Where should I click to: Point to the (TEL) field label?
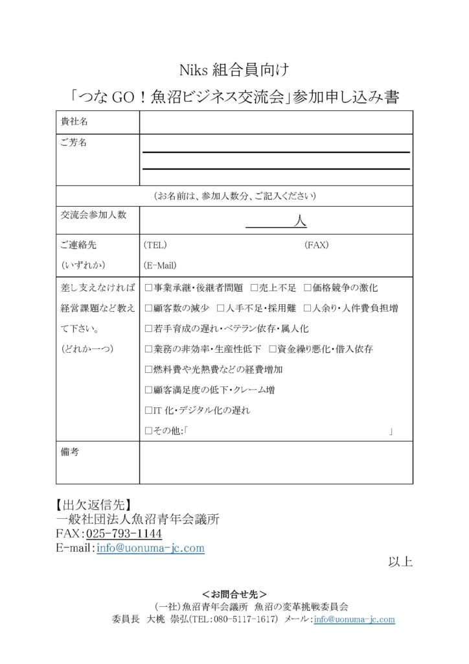pyautogui.click(x=155, y=244)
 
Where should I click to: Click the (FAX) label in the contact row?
pyautogui.click(x=317, y=244)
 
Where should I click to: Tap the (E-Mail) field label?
pyautogui.click(x=160, y=265)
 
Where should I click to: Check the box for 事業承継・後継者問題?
pyautogui.click(x=149, y=287)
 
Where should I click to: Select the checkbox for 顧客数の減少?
pyautogui.click(x=149, y=308)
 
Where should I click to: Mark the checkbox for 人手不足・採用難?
pyautogui.click(x=221, y=308)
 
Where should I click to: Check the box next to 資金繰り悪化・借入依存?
pyautogui.click(x=273, y=349)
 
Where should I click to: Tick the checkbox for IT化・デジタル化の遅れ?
pyautogui.click(x=149, y=410)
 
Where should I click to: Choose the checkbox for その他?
pyautogui.click(x=149, y=431)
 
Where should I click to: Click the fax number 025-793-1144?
pyautogui.click(x=124, y=533)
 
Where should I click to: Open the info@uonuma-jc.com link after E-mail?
pyautogui.click(x=150, y=548)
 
